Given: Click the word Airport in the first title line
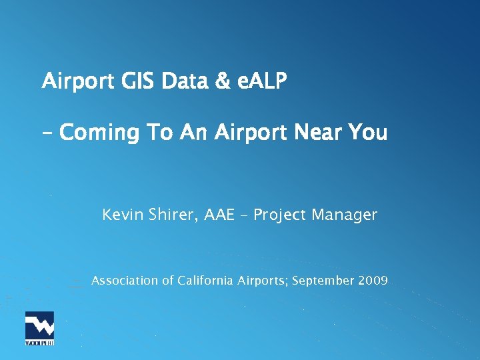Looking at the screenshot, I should [77, 82].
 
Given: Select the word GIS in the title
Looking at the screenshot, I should [139, 82].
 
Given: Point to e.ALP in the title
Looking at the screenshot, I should [261, 82].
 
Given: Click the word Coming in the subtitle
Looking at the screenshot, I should [99, 133].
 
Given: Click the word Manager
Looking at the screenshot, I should [347, 215].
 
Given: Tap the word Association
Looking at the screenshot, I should [125, 281].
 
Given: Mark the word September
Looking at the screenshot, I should [323, 281].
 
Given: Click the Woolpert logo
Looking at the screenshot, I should [39, 328].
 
